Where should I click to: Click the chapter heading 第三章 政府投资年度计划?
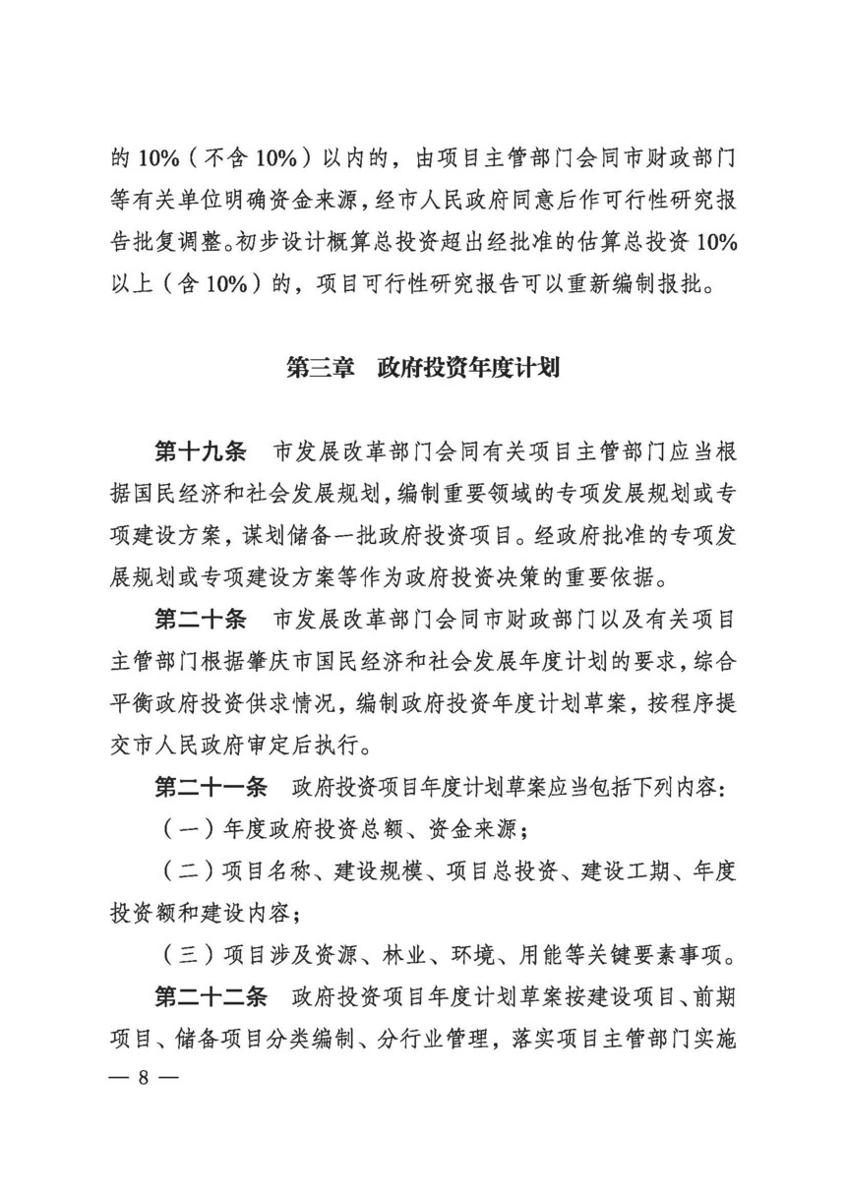423,369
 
